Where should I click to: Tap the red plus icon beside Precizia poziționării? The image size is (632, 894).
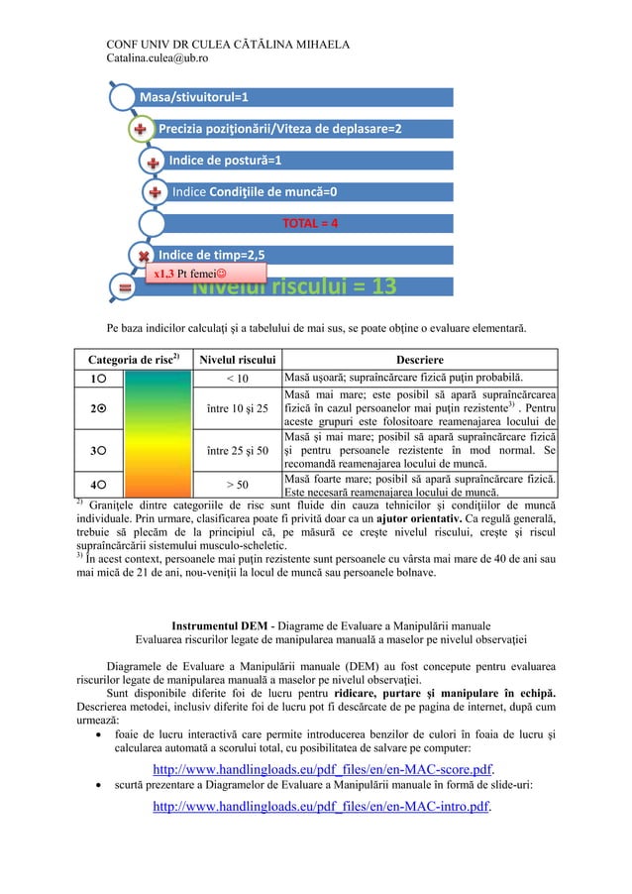point(142,130)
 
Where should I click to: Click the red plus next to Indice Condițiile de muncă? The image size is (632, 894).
point(155,191)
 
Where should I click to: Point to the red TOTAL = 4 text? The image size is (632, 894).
point(311,223)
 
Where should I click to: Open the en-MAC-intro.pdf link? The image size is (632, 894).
point(322,807)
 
